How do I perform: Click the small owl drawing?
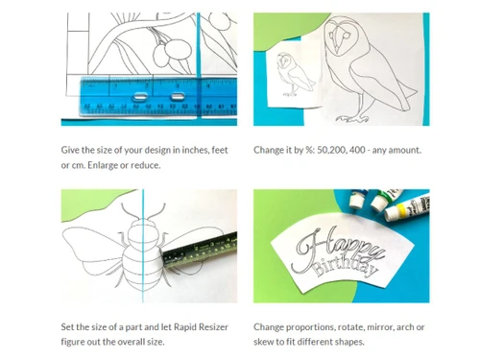[295, 74]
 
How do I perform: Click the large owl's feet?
[352, 119]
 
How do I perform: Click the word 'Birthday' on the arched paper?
[345, 266]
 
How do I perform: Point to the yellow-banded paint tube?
[406, 207]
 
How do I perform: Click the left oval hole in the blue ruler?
[140, 96]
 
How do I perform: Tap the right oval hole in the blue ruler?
[177, 96]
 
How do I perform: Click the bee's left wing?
[93, 248]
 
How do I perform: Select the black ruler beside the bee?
[200, 251]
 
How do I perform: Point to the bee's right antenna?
[156, 211]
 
